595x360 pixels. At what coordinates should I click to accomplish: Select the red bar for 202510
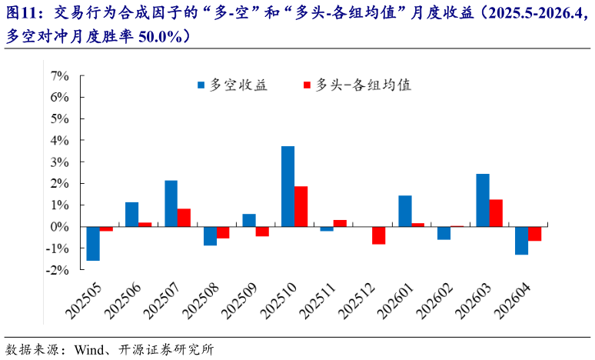301,206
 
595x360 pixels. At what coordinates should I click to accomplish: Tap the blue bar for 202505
93,244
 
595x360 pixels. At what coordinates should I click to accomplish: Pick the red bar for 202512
378,235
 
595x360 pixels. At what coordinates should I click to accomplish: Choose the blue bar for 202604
521,241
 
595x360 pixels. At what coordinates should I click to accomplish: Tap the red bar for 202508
223,232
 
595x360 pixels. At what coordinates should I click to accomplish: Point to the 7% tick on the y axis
60,75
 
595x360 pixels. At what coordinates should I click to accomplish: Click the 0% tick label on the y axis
60,227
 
